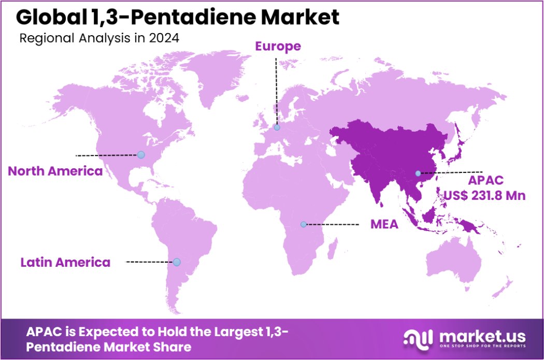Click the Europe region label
278,46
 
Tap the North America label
55,171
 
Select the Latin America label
65,262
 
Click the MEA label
384,224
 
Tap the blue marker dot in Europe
277,127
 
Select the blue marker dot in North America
140,154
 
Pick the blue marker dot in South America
177,262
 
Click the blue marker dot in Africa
304,224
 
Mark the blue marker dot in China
418,173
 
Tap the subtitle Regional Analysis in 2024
99,38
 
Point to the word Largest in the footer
233,332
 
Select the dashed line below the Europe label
276,88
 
